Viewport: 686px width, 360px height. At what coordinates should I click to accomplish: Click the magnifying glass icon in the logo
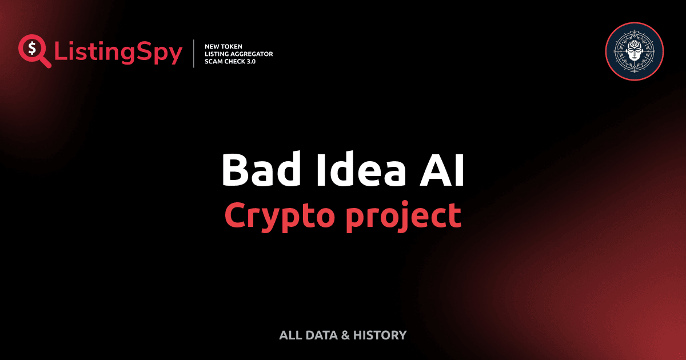click(34, 50)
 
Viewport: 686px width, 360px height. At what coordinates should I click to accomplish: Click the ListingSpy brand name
click(118, 53)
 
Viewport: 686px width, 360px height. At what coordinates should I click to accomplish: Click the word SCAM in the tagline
click(214, 61)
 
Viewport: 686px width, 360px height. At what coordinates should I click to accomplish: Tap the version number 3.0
click(250, 61)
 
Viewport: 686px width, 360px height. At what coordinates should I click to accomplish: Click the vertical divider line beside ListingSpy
click(194, 54)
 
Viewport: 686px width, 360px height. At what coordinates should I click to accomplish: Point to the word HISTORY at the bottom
click(380, 335)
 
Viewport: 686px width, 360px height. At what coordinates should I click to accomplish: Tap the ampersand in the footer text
click(345, 335)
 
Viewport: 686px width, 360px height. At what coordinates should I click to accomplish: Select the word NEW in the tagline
click(213, 46)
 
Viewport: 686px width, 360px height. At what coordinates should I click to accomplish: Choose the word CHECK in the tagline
click(235, 61)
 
